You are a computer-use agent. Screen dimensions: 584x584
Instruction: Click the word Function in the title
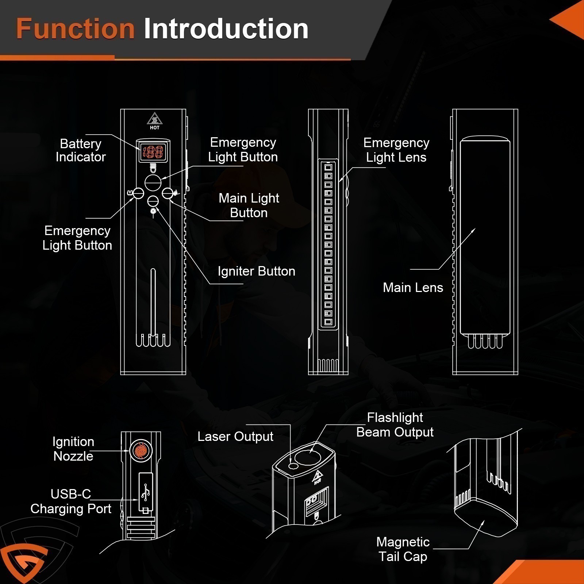pyautogui.click(x=76, y=29)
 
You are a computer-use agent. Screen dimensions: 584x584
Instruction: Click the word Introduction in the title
pyautogui.click(x=226, y=29)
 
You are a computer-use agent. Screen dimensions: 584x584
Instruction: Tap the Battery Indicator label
pyautogui.click(x=81, y=150)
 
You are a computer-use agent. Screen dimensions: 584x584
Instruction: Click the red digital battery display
pyautogui.click(x=153, y=152)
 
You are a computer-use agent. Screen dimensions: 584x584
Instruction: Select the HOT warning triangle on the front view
pyautogui.click(x=154, y=120)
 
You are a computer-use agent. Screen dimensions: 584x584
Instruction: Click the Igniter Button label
pyautogui.click(x=256, y=271)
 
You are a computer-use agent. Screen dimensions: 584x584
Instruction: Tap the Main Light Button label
pyautogui.click(x=249, y=205)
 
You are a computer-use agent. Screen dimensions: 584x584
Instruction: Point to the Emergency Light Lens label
pyautogui.click(x=396, y=150)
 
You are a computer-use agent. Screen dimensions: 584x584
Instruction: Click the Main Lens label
pyautogui.click(x=413, y=288)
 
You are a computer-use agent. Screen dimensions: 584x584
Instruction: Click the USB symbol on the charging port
pyautogui.click(x=145, y=492)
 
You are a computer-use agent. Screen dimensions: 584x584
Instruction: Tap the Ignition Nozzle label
pyautogui.click(x=73, y=449)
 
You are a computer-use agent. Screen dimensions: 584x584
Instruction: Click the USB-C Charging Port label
pyautogui.click(x=71, y=501)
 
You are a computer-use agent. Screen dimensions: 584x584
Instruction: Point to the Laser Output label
pyautogui.click(x=235, y=437)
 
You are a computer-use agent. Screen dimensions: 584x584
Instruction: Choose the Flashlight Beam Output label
pyautogui.click(x=395, y=425)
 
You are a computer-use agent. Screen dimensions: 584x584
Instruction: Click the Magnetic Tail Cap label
pyautogui.click(x=403, y=549)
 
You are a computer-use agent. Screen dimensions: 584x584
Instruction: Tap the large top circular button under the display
pyautogui.click(x=153, y=182)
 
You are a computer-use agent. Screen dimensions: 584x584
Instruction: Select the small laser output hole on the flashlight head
pyautogui.click(x=292, y=465)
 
